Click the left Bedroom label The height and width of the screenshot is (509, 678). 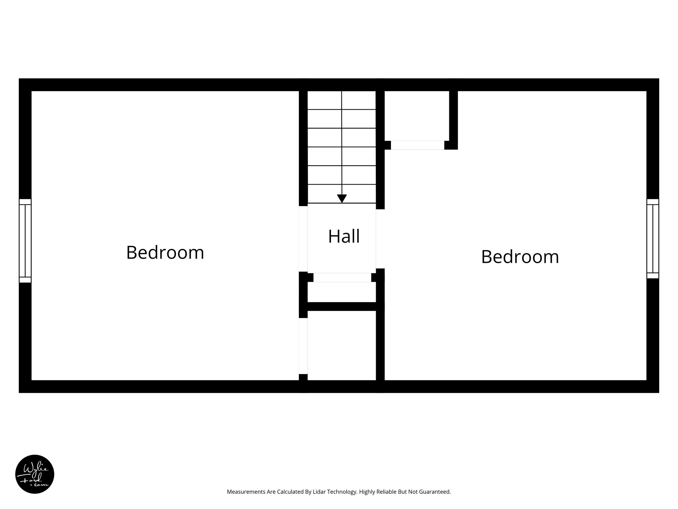pyautogui.click(x=165, y=253)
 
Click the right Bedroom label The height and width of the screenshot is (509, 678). pyautogui.click(x=520, y=257)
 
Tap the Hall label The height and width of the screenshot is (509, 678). pyautogui.click(x=344, y=237)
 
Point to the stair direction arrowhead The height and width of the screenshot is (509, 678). pyautogui.click(x=342, y=198)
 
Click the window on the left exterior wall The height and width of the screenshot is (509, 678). pyautogui.click(x=25, y=241)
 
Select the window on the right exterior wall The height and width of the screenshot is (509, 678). pyautogui.click(x=653, y=239)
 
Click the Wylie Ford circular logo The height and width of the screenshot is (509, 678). pyautogui.click(x=35, y=474)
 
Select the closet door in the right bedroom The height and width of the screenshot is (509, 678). pyautogui.click(x=417, y=145)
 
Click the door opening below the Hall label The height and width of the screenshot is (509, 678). pyautogui.click(x=342, y=277)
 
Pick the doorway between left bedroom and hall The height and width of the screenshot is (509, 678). pyautogui.click(x=303, y=239)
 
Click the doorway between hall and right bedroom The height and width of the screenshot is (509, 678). pyautogui.click(x=380, y=239)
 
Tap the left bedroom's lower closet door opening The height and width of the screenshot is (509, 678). pyautogui.click(x=303, y=346)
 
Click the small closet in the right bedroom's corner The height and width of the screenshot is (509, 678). pyautogui.click(x=416, y=115)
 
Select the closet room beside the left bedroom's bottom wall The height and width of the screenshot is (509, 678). pyautogui.click(x=342, y=345)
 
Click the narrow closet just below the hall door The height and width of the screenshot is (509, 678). pyautogui.click(x=342, y=292)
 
